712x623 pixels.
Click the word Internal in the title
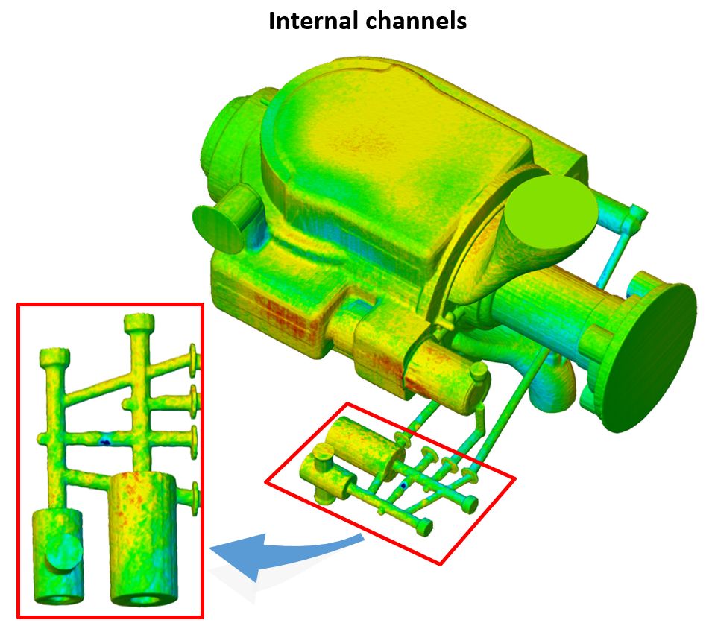[x=310, y=21]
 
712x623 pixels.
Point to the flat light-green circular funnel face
[x=551, y=212]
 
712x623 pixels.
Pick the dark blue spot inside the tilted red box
[x=403, y=486]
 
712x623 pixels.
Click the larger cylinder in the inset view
[x=143, y=539]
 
